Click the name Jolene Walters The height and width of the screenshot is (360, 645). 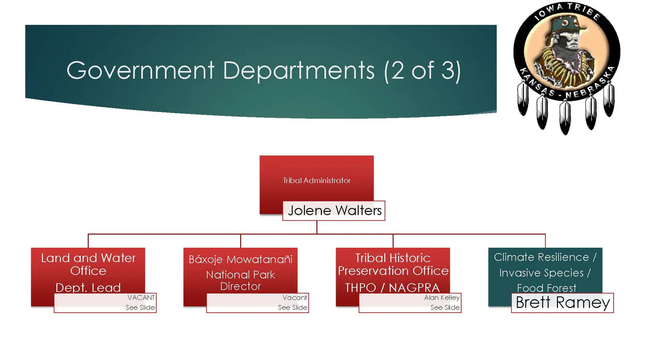click(x=335, y=211)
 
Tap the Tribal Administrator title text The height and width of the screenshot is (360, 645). click(x=316, y=180)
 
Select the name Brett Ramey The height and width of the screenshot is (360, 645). click(x=562, y=303)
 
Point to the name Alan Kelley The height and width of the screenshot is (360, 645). click(x=441, y=298)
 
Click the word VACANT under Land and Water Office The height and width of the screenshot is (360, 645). click(x=141, y=298)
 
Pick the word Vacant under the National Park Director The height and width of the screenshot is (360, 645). click(x=295, y=298)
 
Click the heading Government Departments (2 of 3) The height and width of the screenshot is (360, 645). click(x=263, y=70)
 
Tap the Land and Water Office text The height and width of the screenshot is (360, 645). click(x=88, y=264)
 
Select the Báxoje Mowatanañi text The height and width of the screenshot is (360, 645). click(x=241, y=259)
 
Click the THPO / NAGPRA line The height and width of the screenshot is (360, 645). click(x=392, y=288)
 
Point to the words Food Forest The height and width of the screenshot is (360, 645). click(x=546, y=288)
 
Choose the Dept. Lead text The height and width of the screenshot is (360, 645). click(x=88, y=288)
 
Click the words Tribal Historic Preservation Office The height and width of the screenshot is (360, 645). click(x=393, y=264)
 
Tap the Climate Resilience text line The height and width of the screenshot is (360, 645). click(x=545, y=257)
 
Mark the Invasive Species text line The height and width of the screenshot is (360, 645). click(x=545, y=273)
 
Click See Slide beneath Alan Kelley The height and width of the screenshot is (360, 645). click(x=445, y=307)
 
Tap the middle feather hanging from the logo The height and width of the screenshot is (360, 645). click(x=565, y=118)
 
